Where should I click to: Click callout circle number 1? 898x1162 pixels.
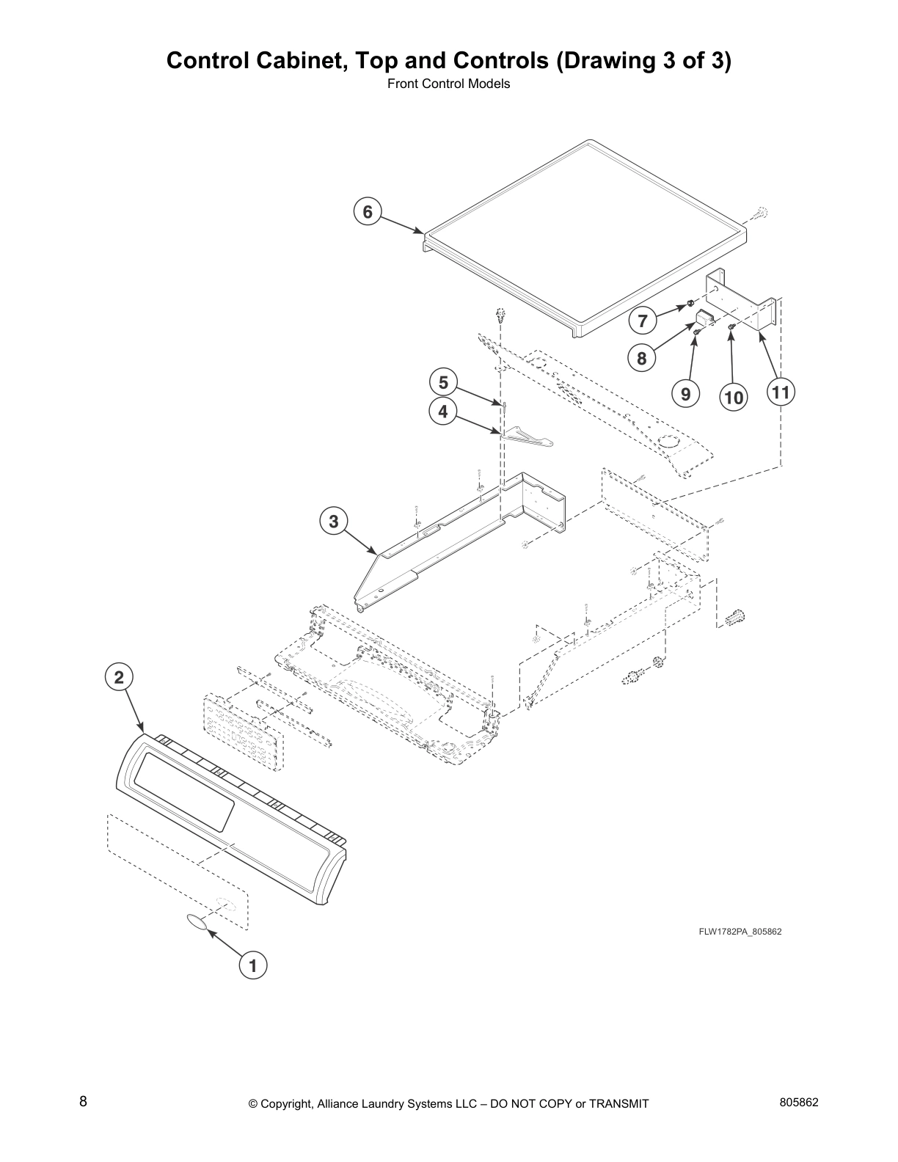[253, 966]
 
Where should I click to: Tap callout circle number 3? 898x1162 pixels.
[334, 522]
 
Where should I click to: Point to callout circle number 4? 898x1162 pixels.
[442, 412]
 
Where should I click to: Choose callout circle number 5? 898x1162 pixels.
[442, 382]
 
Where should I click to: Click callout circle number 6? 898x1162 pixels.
[368, 212]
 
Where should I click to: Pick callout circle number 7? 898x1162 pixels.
[643, 321]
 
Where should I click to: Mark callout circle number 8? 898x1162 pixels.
[642, 358]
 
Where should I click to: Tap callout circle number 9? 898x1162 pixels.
[685, 395]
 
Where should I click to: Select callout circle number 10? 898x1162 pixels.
[733, 397]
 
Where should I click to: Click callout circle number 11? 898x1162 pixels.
[781, 392]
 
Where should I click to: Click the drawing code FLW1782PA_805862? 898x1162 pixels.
[740, 932]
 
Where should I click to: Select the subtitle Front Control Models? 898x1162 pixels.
[448, 84]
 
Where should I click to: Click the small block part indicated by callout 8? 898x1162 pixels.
[705, 318]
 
